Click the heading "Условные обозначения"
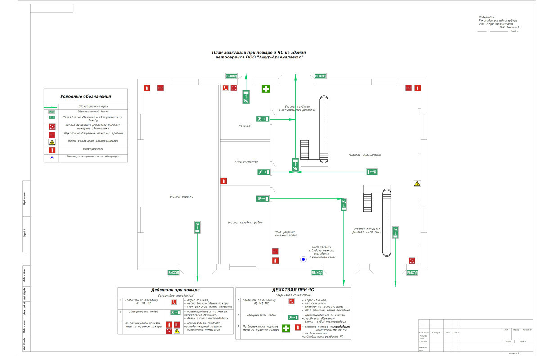tap(85, 96)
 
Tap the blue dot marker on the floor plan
tap(303, 259)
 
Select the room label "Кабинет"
tap(245, 126)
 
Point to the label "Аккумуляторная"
tap(246, 161)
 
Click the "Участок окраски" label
tap(181, 197)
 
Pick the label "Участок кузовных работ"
tap(245, 222)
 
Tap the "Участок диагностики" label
tap(365, 155)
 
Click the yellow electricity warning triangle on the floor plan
tap(417, 184)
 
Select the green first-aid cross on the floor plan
tap(266, 89)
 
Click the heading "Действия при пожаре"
tap(175, 290)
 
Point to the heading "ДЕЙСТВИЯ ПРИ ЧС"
tap(293, 290)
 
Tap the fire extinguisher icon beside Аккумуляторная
tap(224, 180)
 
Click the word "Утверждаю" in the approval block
tap(486, 17)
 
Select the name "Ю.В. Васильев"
tap(509, 27)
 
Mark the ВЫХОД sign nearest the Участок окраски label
tap(173, 273)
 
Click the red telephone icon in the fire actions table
tap(174, 301)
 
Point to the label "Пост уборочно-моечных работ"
tap(286, 234)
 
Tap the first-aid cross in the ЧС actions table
tap(285, 328)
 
